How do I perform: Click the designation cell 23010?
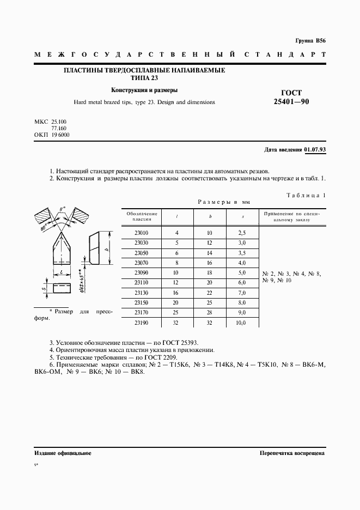[142, 233]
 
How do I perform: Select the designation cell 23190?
[142, 323]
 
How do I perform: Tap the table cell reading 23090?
[142, 272]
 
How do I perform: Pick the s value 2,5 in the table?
[242, 233]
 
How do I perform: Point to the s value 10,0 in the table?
[241, 323]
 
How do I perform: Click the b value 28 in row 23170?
[210, 313]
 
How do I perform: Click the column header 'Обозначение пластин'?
[142, 216]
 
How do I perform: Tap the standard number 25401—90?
[291, 101]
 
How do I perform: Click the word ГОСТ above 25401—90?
[291, 92]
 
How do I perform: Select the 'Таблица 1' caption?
[306, 195]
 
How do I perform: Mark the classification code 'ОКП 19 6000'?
[52, 135]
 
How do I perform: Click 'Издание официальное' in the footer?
[63, 453]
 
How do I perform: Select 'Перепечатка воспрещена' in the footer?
[292, 453]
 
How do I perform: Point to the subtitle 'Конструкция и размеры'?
[144, 90]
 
